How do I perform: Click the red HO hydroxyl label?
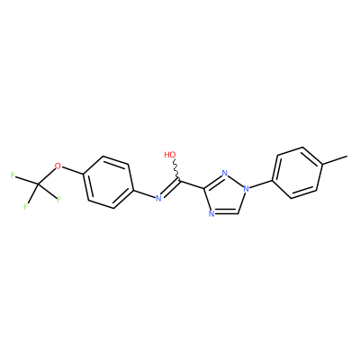170,155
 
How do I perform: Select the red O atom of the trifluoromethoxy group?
58,166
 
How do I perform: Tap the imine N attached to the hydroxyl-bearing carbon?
158,198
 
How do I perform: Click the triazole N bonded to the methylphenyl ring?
246,189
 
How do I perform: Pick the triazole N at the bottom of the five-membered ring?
211,214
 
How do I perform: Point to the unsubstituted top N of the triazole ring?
224,173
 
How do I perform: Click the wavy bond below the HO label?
176,170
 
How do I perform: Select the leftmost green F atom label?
13,175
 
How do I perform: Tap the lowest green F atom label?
26,207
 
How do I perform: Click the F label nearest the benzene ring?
58,200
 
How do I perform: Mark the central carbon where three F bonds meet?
38,184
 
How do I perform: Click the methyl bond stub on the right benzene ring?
335,160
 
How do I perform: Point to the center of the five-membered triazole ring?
225,195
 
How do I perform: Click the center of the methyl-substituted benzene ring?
297,173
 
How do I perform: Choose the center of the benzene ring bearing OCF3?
108,182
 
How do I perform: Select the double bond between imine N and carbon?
170,188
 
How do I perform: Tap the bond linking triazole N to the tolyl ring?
260,184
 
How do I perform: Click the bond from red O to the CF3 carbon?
47,175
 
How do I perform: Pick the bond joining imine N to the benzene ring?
144,193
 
